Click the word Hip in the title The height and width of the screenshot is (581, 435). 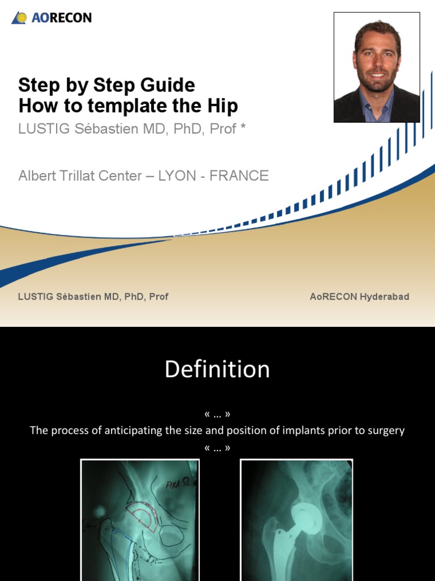(x=223, y=106)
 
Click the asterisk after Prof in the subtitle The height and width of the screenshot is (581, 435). (x=243, y=128)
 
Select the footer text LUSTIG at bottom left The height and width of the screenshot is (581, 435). (x=36, y=297)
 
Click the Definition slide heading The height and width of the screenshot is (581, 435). (x=217, y=369)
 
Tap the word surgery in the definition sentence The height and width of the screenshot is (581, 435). (x=385, y=431)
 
